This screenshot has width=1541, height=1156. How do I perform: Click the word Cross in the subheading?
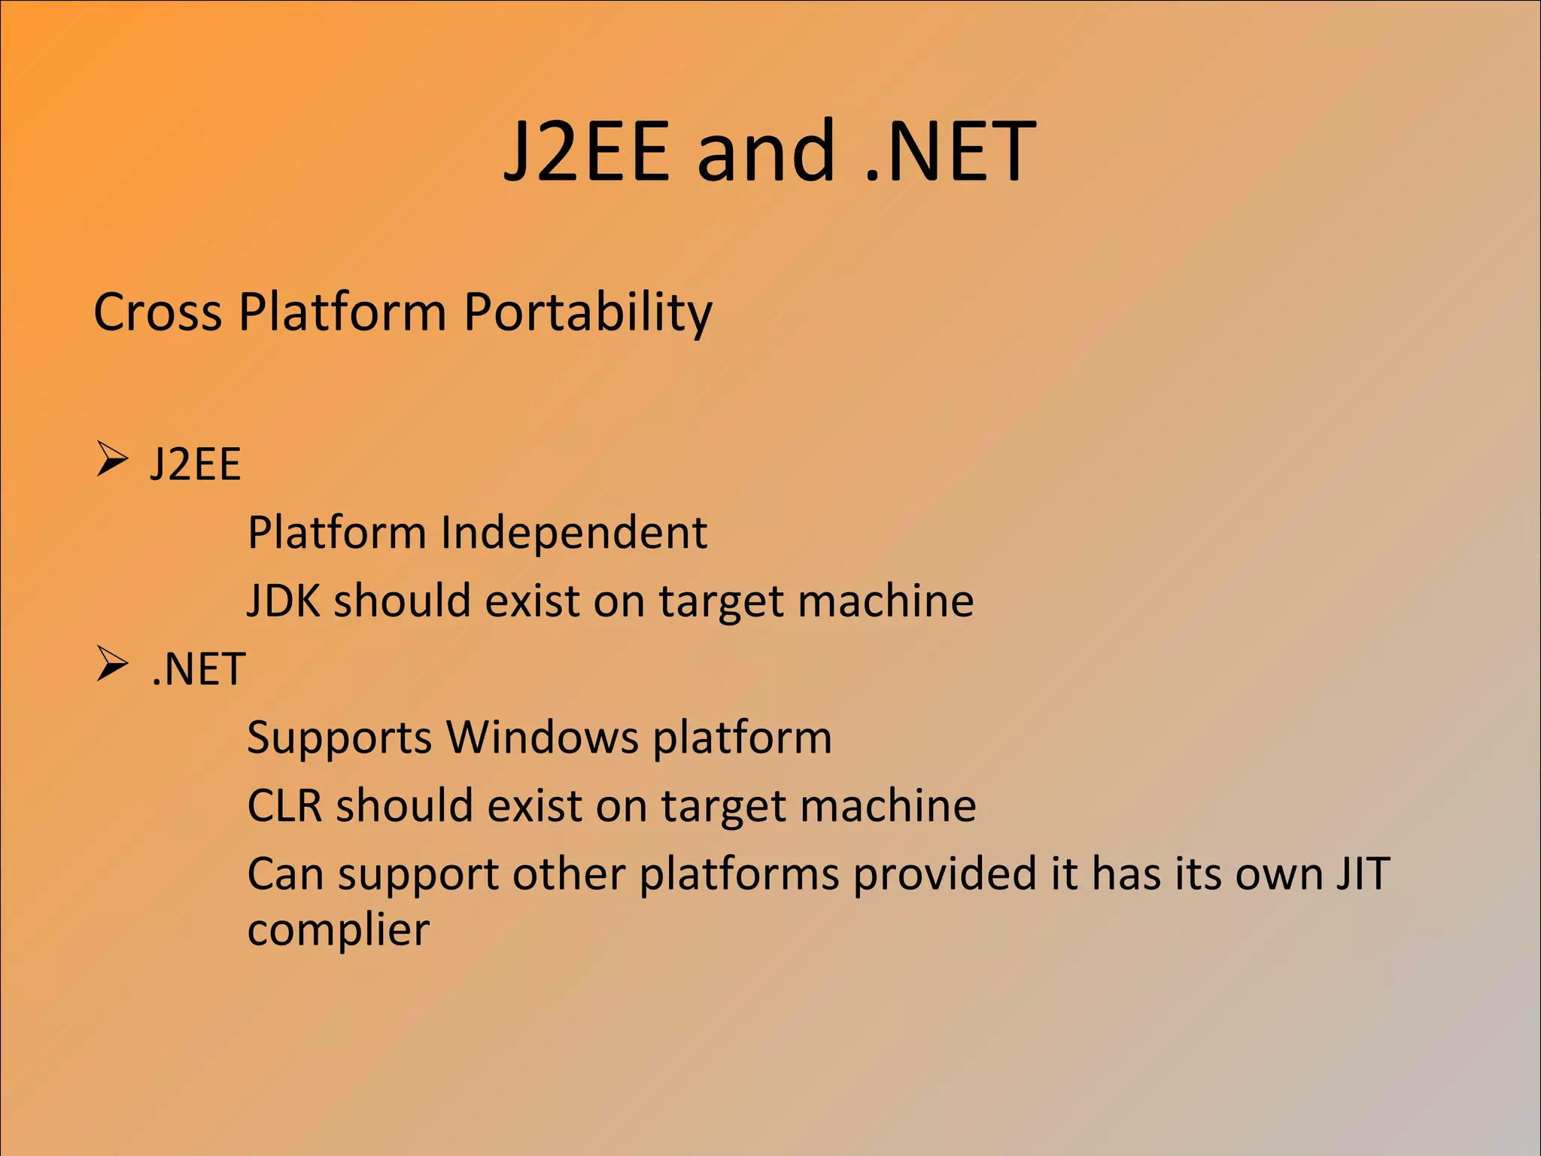click(157, 312)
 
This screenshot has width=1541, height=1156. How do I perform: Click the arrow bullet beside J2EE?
click(112, 460)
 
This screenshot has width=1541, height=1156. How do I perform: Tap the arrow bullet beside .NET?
click(112, 665)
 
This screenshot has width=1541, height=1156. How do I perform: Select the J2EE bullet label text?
click(196, 464)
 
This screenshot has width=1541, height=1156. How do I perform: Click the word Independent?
click(573, 533)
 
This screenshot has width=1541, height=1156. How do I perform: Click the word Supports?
click(339, 738)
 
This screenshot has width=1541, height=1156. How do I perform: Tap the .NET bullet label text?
click(198, 668)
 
